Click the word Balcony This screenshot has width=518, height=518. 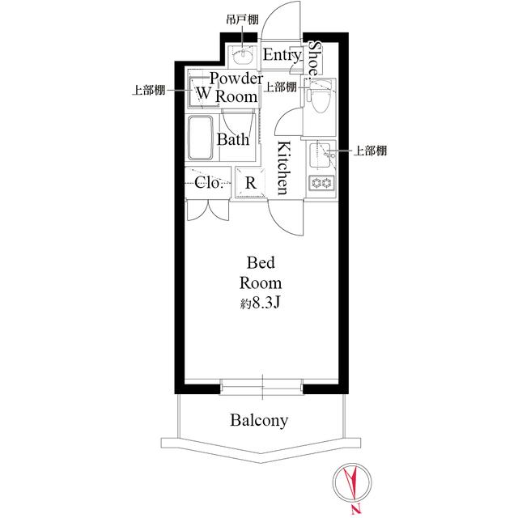click(x=259, y=421)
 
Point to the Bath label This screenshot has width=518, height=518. click(x=232, y=139)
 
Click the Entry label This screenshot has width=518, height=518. click(x=282, y=55)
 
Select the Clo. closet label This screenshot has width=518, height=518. click(x=210, y=182)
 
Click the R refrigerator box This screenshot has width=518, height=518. click(x=251, y=183)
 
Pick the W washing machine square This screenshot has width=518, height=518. click(x=204, y=93)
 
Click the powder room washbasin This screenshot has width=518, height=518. click(x=242, y=57)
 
